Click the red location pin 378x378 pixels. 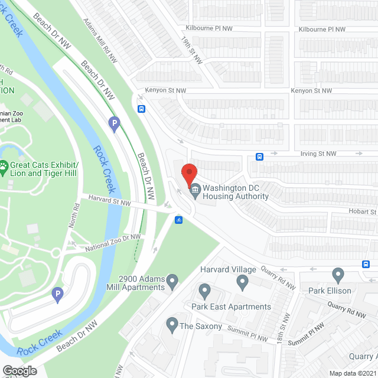click(x=188, y=175)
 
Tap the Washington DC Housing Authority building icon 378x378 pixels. click(x=194, y=190)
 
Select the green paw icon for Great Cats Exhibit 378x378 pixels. click(x=4, y=168)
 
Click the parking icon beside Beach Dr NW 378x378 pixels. click(x=115, y=124)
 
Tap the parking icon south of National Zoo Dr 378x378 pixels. click(x=57, y=294)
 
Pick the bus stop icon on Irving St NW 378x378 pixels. click(x=260, y=157)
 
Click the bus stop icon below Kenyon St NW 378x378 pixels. click(x=142, y=109)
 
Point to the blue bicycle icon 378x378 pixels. click(x=179, y=220)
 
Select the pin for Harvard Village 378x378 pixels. click(x=242, y=283)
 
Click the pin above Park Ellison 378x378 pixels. click(x=338, y=275)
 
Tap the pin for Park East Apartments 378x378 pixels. click(x=204, y=291)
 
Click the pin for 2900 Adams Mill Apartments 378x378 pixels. click(x=172, y=281)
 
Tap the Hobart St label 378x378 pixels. click(x=362, y=211)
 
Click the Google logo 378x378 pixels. click(x=19, y=370)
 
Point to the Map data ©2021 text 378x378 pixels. click(x=352, y=373)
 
